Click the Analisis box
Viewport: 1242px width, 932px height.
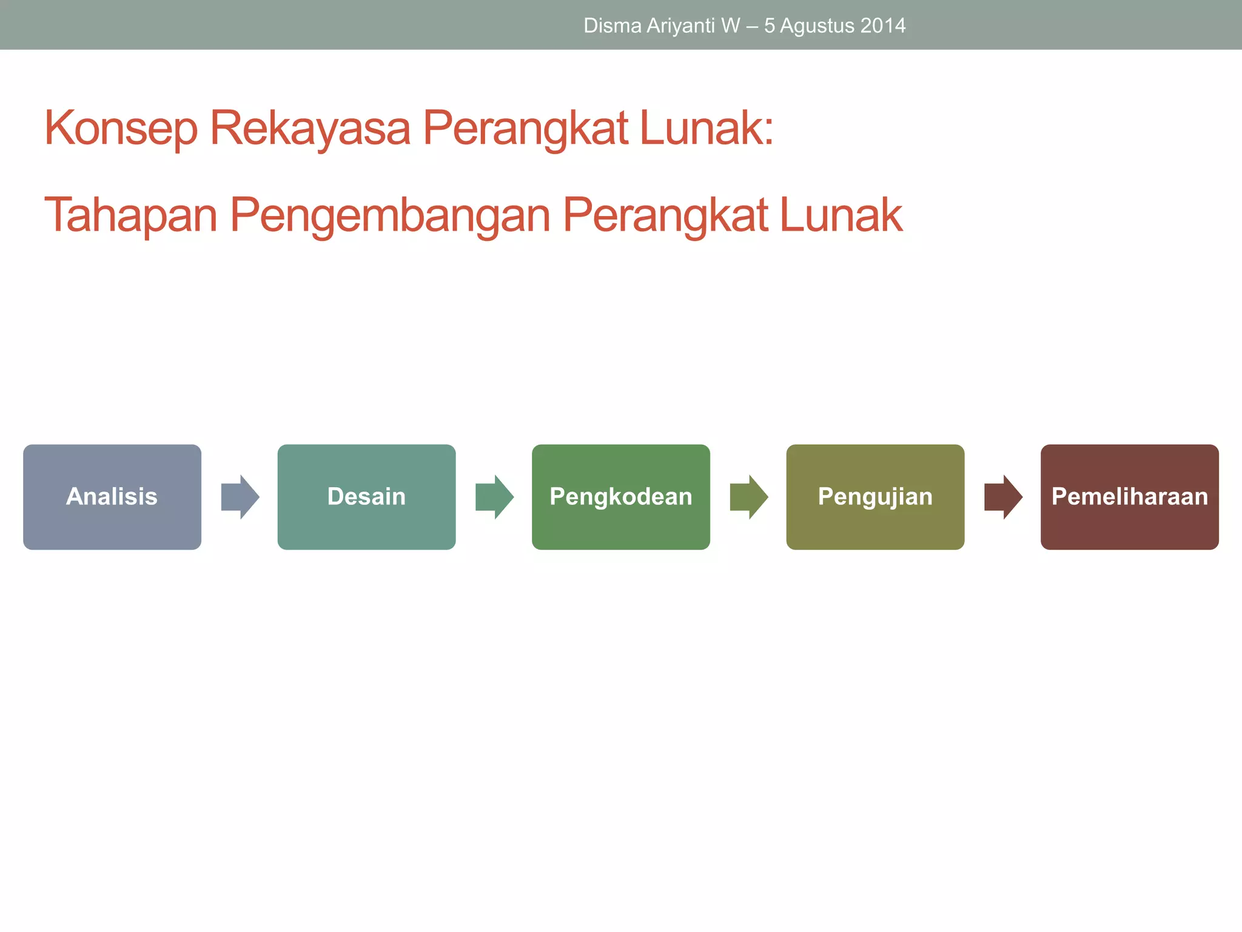click(x=112, y=497)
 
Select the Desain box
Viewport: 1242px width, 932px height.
click(x=366, y=497)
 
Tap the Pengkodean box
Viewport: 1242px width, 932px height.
click(x=620, y=497)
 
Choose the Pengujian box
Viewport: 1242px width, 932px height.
click(x=875, y=497)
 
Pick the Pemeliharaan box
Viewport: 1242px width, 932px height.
click(x=1129, y=497)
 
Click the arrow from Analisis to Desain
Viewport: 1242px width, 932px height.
click(x=240, y=497)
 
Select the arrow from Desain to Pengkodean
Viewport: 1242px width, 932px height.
click(x=494, y=497)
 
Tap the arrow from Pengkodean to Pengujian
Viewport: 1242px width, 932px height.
click(x=749, y=497)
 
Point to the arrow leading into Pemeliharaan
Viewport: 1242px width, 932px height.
click(x=1003, y=497)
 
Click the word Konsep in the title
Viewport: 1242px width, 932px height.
click(x=121, y=128)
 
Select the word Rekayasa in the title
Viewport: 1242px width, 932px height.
click(x=310, y=128)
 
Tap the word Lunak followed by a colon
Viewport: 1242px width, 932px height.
click(x=706, y=128)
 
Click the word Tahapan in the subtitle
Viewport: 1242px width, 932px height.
click(x=130, y=215)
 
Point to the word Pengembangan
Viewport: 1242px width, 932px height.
click(x=390, y=215)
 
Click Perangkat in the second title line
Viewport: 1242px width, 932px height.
click(x=665, y=215)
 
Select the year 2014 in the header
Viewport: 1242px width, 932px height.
click(x=883, y=25)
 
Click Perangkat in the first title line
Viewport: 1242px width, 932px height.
click(x=525, y=128)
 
